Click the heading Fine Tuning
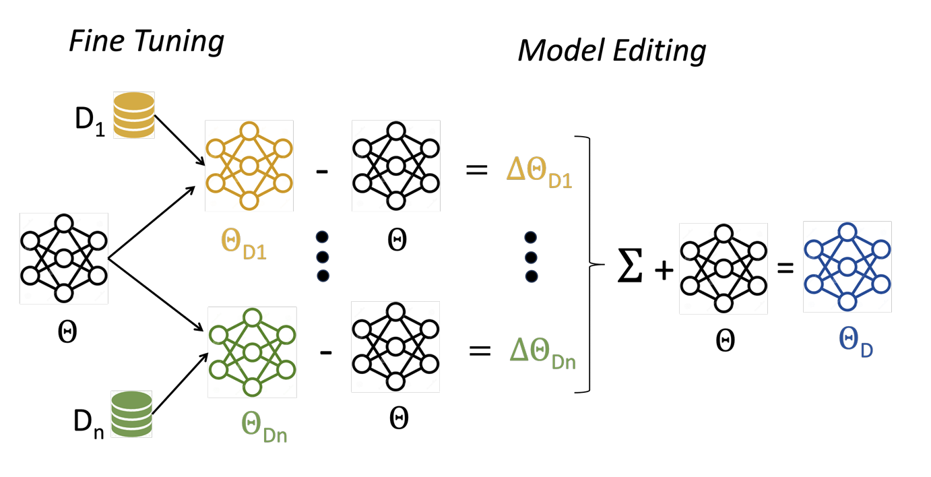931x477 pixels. click(146, 42)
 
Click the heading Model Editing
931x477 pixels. click(611, 51)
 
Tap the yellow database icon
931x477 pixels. click(133, 115)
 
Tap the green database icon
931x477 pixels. click(132, 414)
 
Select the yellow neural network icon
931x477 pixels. click(249, 165)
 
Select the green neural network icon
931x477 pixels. click(253, 352)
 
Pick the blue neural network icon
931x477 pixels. click(847, 267)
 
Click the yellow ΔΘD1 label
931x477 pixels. click(539, 174)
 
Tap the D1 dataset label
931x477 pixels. click(89, 123)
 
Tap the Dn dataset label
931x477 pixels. click(88, 422)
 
